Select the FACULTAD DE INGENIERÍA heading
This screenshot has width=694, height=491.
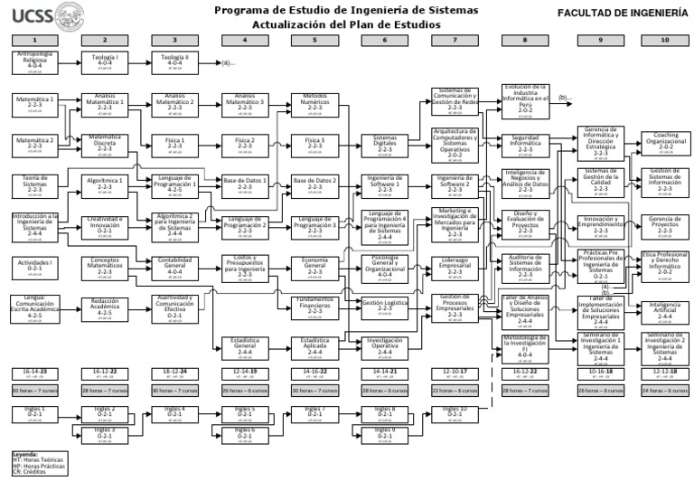pyautogui.click(x=622, y=14)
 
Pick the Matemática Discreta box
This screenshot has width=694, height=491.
pyautogui.click(x=105, y=144)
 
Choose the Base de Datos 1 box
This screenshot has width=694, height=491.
pyautogui.click(x=245, y=184)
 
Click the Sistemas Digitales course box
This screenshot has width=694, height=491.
pyautogui.click(x=385, y=144)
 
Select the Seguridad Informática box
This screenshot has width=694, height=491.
pyautogui.click(x=525, y=143)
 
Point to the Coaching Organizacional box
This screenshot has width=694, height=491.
pyautogui.click(x=665, y=143)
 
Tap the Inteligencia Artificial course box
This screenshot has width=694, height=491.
pyautogui.click(x=665, y=311)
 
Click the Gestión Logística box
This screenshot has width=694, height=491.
pyautogui.click(x=385, y=307)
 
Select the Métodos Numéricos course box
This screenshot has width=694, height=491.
pyautogui.click(x=314, y=102)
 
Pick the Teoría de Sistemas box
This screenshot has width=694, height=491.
pyautogui.click(x=34, y=184)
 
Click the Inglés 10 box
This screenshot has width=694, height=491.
pyautogui.click(x=455, y=413)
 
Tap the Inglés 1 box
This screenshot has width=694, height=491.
pyautogui.click(x=34, y=413)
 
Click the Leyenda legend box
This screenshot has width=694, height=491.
pyautogui.click(x=37, y=463)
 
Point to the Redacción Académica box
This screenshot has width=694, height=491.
pyautogui.click(x=105, y=307)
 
